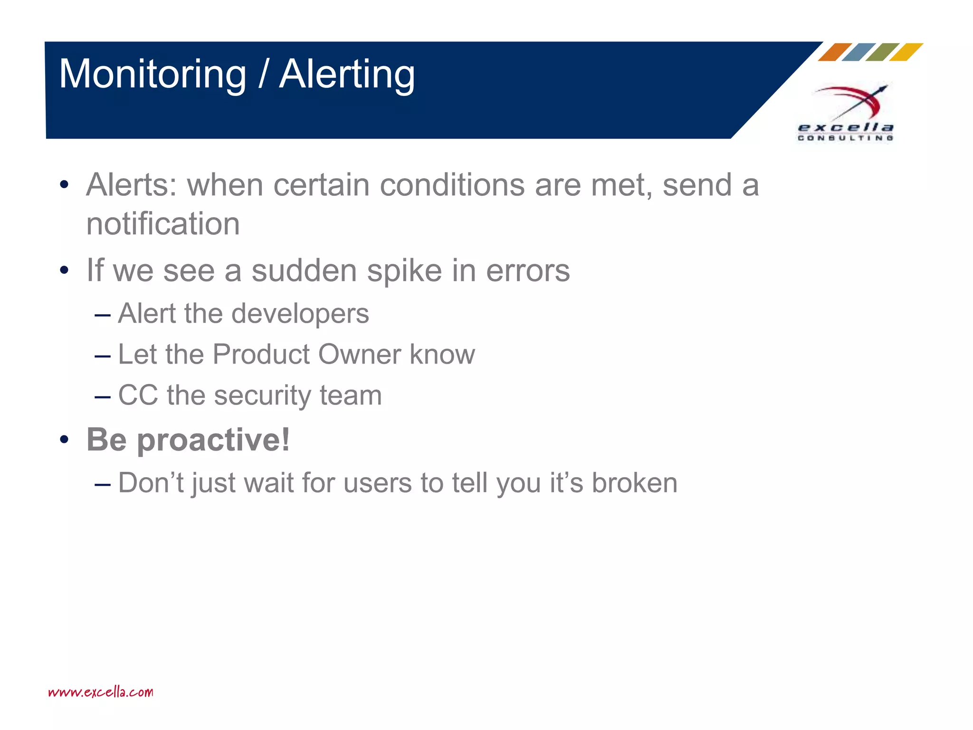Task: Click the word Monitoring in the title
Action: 153,75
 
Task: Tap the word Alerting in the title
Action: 347,75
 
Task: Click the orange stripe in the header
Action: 835,52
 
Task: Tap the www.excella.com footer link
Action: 101,692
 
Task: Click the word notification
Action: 163,224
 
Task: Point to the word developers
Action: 300,314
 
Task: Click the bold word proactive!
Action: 213,440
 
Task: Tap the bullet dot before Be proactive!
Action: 65,440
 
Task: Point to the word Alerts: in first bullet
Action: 132,185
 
